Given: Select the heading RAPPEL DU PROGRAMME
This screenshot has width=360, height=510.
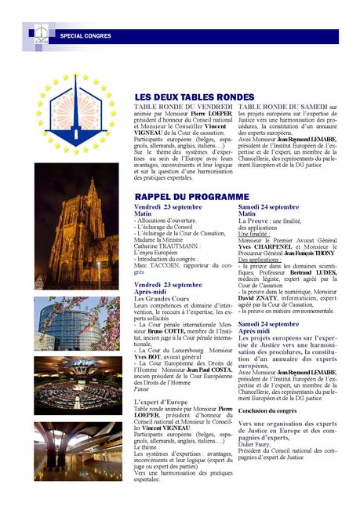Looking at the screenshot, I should point(191,196).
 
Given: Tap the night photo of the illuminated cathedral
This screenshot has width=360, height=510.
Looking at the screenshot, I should point(77,227).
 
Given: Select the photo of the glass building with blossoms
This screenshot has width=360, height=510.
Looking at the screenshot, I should point(77,323).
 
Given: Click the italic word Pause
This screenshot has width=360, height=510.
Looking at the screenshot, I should point(142,389).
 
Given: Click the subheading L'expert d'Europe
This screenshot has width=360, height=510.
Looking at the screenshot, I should point(162,401).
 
